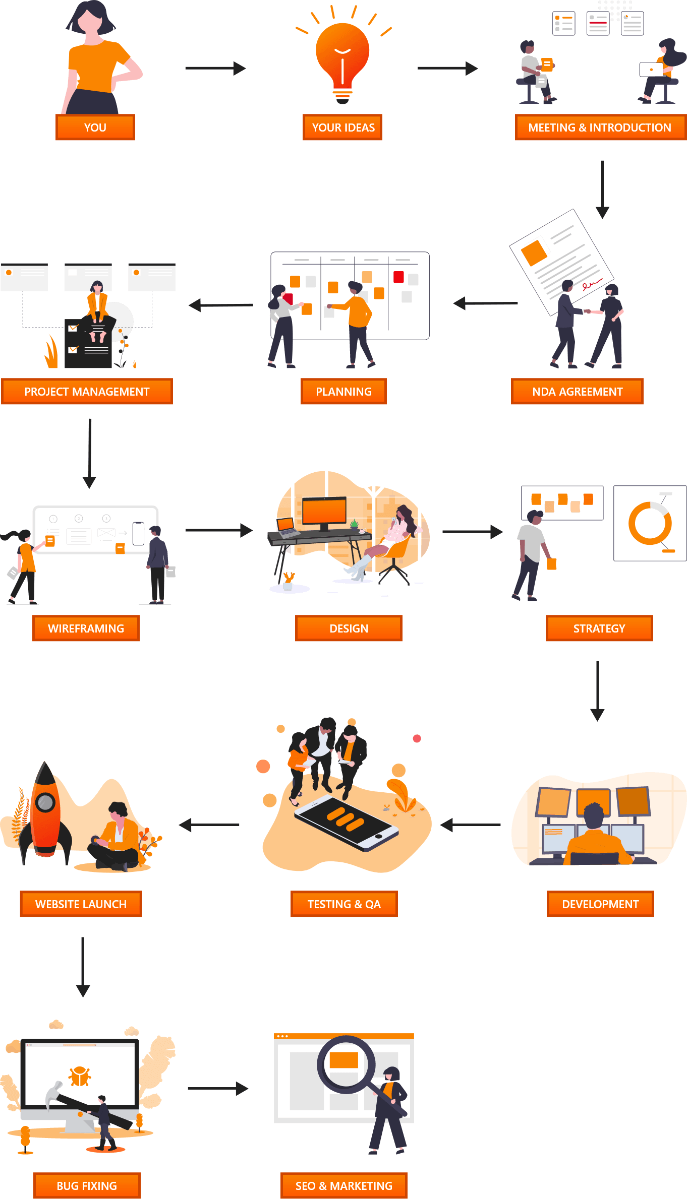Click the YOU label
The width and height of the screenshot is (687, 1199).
(95, 128)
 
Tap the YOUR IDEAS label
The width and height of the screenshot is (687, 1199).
(342, 128)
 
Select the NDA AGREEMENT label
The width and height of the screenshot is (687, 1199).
(577, 392)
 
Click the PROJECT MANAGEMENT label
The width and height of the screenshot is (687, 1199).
(87, 392)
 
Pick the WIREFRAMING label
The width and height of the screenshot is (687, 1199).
(86, 628)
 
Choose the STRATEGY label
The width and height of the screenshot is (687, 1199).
(599, 628)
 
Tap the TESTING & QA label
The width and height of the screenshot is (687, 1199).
(344, 904)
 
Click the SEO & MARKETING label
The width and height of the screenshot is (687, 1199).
(344, 1186)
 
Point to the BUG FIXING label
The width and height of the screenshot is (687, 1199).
(87, 1186)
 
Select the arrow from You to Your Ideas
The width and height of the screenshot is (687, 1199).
(215, 68)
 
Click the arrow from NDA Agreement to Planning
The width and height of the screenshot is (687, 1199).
(485, 303)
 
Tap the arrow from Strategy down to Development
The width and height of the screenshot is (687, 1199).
(598, 691)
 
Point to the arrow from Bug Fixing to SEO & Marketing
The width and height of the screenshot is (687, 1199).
(218, 1089)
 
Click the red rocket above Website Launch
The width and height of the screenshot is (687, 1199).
(45, 811)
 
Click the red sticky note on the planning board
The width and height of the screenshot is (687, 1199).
(398, 277)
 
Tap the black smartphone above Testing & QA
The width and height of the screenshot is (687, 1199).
(346, 824)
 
